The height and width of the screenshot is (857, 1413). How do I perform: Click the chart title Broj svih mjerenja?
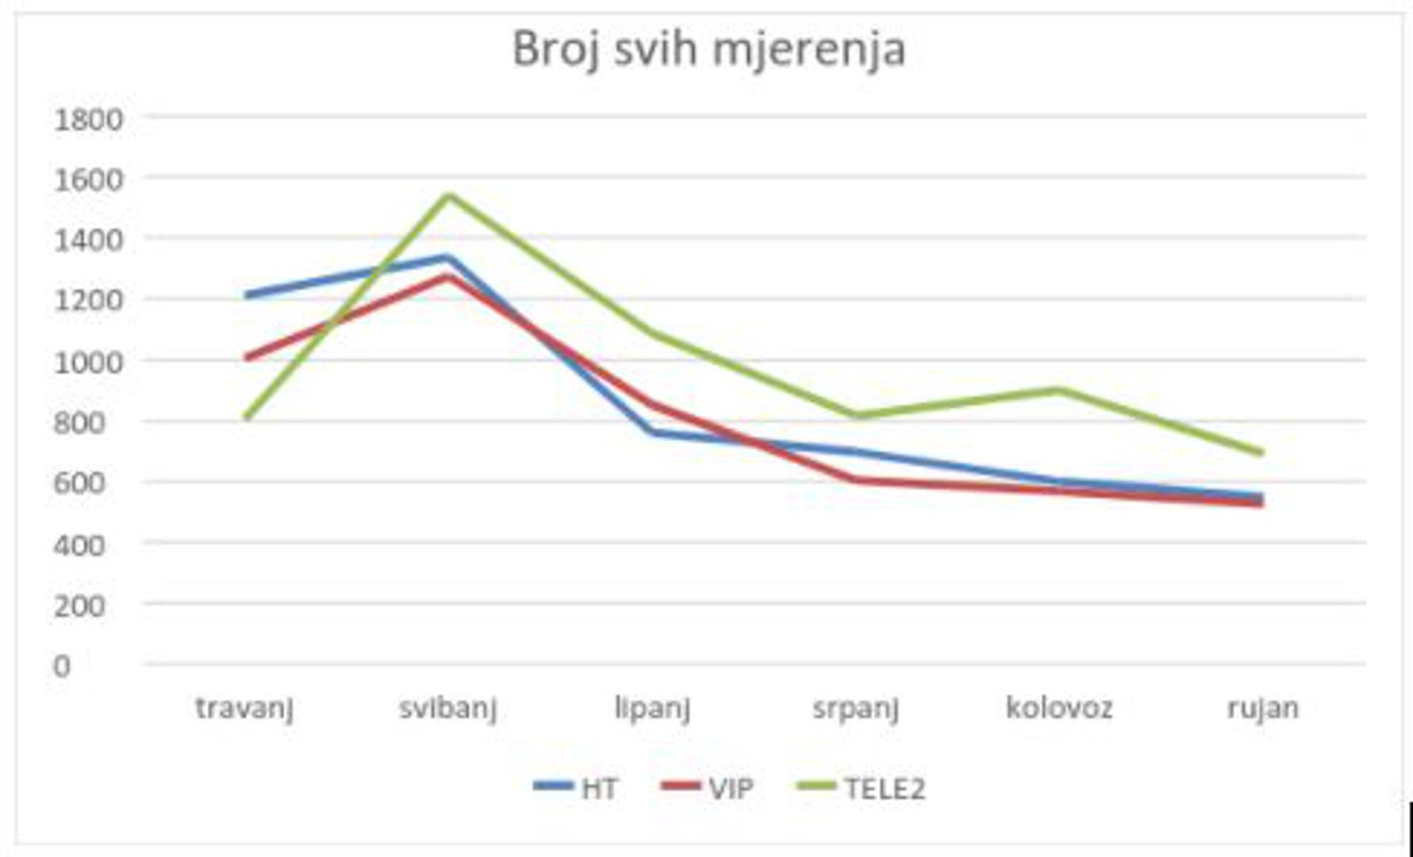point(708,49)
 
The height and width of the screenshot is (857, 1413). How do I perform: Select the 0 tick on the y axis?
point(62,667)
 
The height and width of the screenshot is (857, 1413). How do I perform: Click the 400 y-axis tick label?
point(79,545)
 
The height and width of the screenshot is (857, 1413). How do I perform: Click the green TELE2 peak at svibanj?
point(448,195)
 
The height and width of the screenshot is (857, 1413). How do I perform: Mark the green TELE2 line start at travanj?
point(248,416)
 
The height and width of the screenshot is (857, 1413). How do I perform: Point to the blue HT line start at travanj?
point(248,295)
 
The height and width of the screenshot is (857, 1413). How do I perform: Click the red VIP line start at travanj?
point(248,358)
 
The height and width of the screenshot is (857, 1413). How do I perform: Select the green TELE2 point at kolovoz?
point(1058,390)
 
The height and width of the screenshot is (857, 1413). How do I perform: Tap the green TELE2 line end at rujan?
point(1261,452)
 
